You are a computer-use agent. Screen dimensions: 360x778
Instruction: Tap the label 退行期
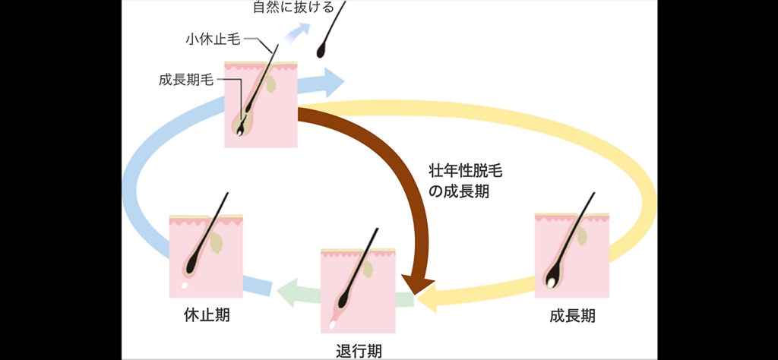358,350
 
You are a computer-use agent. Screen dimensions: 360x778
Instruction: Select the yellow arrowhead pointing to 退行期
427,301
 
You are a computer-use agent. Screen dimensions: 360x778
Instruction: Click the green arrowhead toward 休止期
284,292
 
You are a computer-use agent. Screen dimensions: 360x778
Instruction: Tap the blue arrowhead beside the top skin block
334,79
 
